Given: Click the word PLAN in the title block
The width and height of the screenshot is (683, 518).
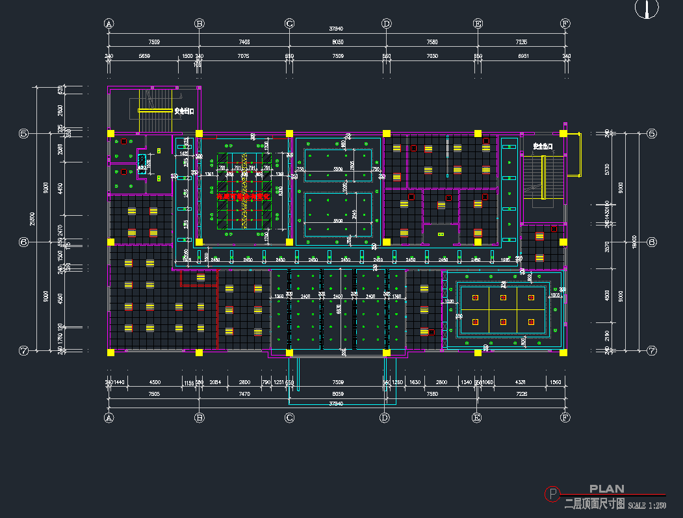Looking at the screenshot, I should pyautogui.click(x=606, y=489).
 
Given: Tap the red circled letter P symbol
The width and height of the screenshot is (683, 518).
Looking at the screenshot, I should pyautogui.click(x=552, y=495).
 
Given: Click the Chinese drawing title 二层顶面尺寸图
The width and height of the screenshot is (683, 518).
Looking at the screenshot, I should pyautogui.click(x=595, y=503).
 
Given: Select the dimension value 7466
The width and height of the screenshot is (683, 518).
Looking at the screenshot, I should pyautogui.click(x=244, y=42).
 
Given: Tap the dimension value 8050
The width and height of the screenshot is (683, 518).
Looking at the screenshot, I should pyautogui.click(x=338, y=42).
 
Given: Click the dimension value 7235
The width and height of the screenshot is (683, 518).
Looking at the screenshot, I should pyautogui.click(x=521, y=42).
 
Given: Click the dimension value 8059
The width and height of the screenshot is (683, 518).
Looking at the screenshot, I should pyautogui.click(x=338, y=393).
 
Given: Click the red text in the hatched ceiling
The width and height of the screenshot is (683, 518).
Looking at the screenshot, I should pyautogui.click(x=244, y=196).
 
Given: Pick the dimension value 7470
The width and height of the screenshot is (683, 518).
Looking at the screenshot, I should pyautogui.click(x=244, y=393).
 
